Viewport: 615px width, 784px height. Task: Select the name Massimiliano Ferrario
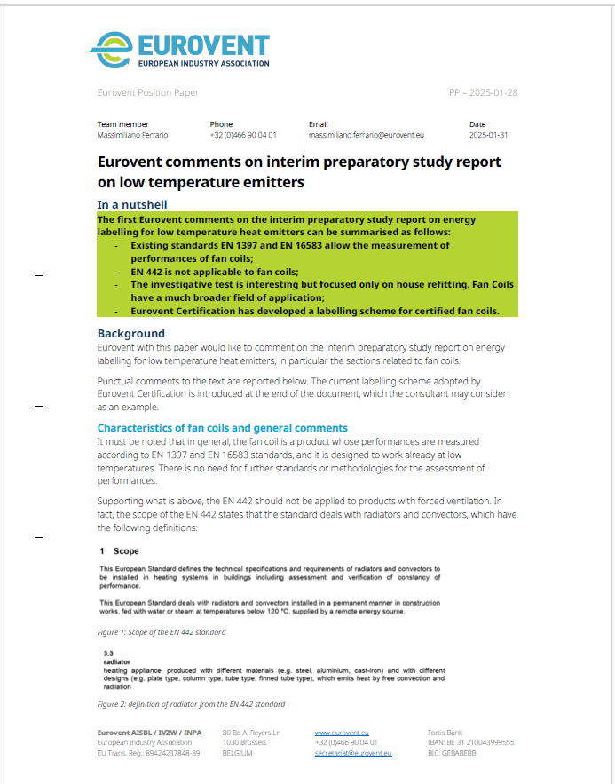click(x=132, y=135)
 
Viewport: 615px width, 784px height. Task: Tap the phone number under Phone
click(x=243, y=135)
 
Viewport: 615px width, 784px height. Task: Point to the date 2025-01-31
click(x=488, y=135)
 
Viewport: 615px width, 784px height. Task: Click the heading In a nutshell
click(x=132, y=204)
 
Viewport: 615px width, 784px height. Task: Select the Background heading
click(x=131, y=333)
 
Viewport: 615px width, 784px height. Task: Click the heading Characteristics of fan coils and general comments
click(x=222, y=427)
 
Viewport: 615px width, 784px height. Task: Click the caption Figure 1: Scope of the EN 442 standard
click(x=162, y=632)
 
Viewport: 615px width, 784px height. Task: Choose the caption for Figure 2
click(x=191, y=703)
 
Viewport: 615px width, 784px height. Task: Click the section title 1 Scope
click(x=114, y=550)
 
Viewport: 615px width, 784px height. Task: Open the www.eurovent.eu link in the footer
click(x=335, y=732)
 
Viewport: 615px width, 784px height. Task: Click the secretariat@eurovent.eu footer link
click(x=353, y=753)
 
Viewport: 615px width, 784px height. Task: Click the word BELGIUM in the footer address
click(x=237, y=753)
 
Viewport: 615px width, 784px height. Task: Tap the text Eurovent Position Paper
click(x=148, y=92)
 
